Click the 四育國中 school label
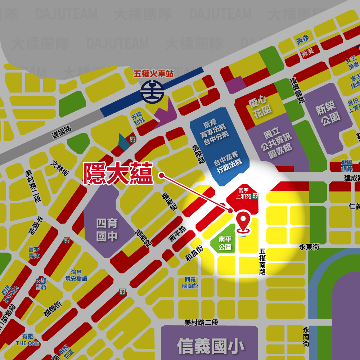tap(107, 230)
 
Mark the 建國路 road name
tap(62, 132)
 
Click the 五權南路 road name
tap(262, 262)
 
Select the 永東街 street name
tap(309, 247)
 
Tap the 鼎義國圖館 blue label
tap(190, 283)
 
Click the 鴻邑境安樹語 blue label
tap(76, 275)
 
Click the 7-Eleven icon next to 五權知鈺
tap(133, 138)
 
